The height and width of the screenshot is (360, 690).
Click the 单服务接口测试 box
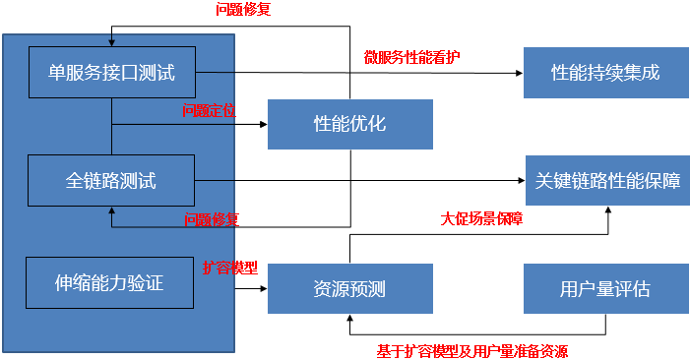pyautogui.click(x=111, y=72)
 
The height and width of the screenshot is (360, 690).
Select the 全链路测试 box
pyautogui.click(x=111, y=180)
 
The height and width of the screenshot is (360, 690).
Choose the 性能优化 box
pyautogui.click(x=349, y=124)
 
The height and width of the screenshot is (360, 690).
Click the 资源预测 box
pyautogui.click(x=349, y=289)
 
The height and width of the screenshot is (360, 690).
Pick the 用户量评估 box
pyautogui.click(x=604, y=289)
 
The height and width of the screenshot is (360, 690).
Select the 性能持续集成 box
pyautogui.click(x=604, y=73)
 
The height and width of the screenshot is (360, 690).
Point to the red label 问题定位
pyautogui.click(x=209, y=110)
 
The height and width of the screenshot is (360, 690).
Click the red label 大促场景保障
pyautogui.click(x=480, y=219)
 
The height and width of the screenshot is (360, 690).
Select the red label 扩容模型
pyautogui.click(x=229, y=268)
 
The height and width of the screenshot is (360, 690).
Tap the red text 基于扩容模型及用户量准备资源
pyautogui.click(x=471, y=350)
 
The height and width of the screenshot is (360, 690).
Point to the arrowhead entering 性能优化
pyautogui.click(x=263, y=125)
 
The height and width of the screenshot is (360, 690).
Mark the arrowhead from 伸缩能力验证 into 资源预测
pyautogui.click(x=263, y=289)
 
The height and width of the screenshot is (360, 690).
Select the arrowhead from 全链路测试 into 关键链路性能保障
pyautogui.click(x=520, y=181)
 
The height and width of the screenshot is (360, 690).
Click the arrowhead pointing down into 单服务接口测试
pyautogui.click(x=111, y=42)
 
